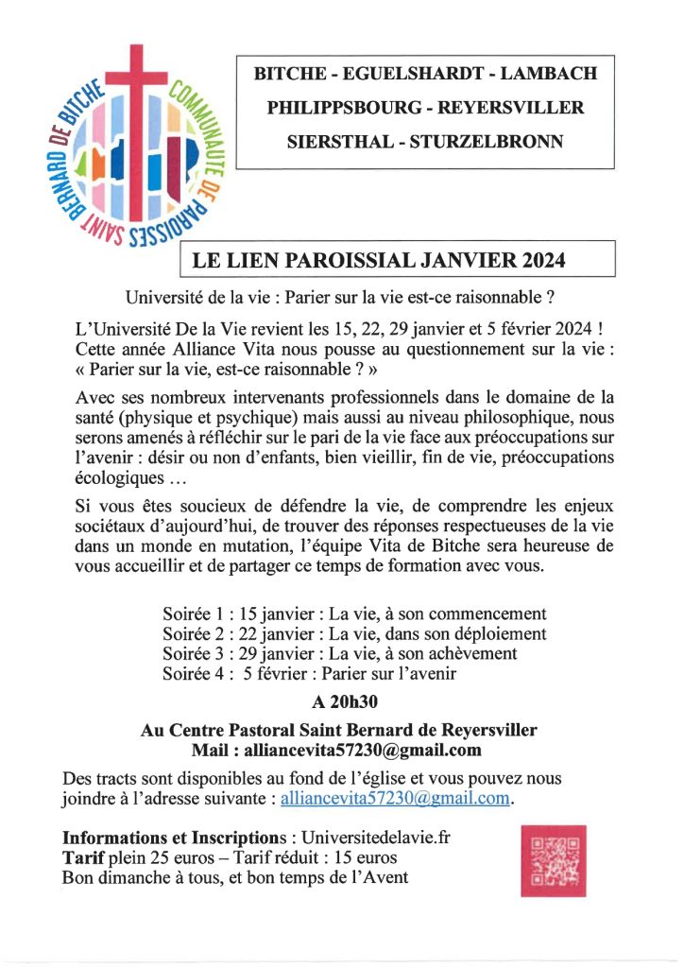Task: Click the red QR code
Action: tap(553, 860)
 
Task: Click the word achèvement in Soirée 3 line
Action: tap(465, 654)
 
